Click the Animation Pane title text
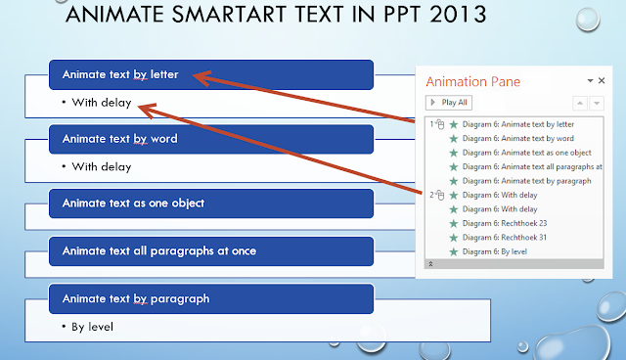[x=472, y=81]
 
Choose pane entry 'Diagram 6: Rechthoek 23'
[x=498, y=223]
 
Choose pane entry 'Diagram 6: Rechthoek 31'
[x=498, y=237]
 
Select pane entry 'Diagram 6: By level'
[x=492, y=251]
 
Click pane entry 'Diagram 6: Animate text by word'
[x=516, y=139]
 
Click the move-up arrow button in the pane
[x=581, y=102]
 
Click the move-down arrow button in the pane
[x=597, y=102]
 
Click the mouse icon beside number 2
[x=441, y=196]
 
